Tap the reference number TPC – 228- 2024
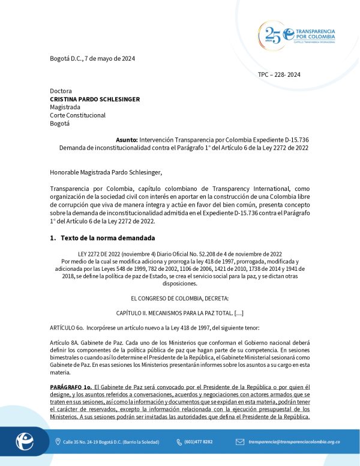[279, 74]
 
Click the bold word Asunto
[127, 139]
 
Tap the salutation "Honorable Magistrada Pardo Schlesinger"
[107, 173]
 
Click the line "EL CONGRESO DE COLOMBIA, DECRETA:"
[179, 298]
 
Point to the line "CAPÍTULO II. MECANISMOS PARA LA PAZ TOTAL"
[179, 313]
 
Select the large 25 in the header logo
[273, 35]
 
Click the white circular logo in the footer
[25, 442]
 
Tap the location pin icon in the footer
[58, 442]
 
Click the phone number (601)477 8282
[198, 442]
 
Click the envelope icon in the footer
[239, 442]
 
